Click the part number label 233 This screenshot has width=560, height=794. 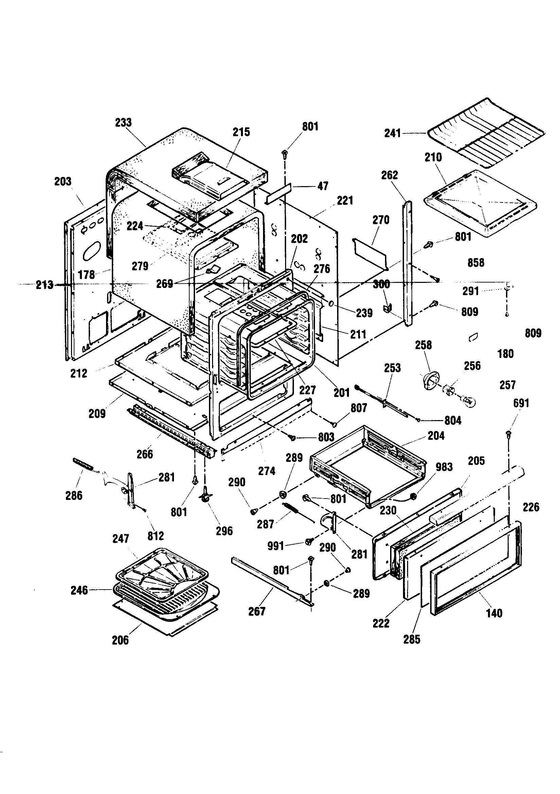(x=123, y=122)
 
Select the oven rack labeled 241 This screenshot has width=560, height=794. (x=485, y=133)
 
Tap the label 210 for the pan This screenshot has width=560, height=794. (x=433, y=157)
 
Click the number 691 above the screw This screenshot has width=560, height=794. (x=521, y=403)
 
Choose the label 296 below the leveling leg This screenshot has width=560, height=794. (x=224, y=531)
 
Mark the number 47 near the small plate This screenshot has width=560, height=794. (x=322, y=186)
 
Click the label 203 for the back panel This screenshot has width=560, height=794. (x=63, y=181)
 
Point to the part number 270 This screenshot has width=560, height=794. (x=381, y=220)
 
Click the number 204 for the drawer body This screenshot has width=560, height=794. (x=436, y=436)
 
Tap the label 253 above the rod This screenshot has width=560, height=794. (x=392, y=367)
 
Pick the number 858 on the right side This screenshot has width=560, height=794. (x=475, y=263)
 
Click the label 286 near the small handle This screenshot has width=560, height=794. (x=74, y=495)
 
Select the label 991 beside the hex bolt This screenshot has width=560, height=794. (x=276, y=546)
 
